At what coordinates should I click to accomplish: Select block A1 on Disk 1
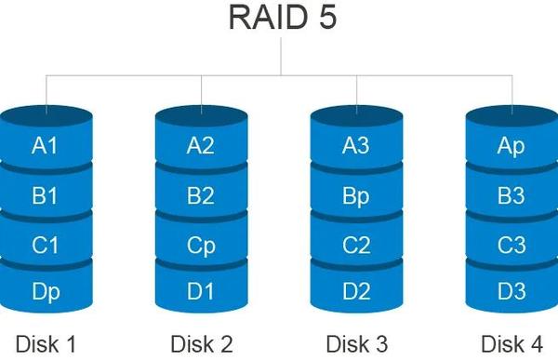(x=46, y=145)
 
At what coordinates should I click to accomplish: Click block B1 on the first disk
(x=46, y=195)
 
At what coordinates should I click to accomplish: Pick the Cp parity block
(x=201, y=246)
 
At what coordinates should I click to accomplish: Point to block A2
(x=201, y=145)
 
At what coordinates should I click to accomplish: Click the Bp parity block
(x=356, y=195)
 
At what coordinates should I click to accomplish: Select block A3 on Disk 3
(x=356, y=145)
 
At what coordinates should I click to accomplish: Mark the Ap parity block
(x=511, y=145)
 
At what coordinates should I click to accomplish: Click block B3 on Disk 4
(x=511, y=195)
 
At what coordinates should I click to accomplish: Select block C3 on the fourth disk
(x=511, y=246)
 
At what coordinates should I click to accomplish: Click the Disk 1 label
(x=46, y=342)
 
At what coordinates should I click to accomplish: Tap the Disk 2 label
(x=201, y=342)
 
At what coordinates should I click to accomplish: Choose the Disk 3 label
(x=356, y=342)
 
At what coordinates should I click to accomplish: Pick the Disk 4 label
(x=511, y=342)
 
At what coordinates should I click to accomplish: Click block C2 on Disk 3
(x=356, y=246)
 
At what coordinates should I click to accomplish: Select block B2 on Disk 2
(x=201, y=195)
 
